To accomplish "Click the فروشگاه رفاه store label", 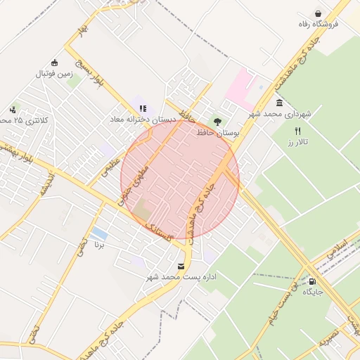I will (x=318, y=24).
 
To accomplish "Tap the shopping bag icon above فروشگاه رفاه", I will (x=319, y=13).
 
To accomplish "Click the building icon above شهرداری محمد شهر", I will (x=280, y=103).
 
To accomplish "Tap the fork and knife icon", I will (x=297, y=131).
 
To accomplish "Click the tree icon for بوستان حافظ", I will (x=217, y=122).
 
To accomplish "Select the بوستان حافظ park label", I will (x=219, y=132).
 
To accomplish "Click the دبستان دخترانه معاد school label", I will (x=141, y=120).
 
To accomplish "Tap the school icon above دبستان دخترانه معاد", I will (x=143, y=108).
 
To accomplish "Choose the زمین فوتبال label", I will (x=54, y=73).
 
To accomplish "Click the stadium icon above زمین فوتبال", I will (x=54, y=63).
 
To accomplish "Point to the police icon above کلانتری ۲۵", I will (x=13, y=110).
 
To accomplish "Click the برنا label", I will (x=100, y=246).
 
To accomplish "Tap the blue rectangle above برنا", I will (x=100, y=233).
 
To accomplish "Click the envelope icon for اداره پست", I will (x=182, y=266).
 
